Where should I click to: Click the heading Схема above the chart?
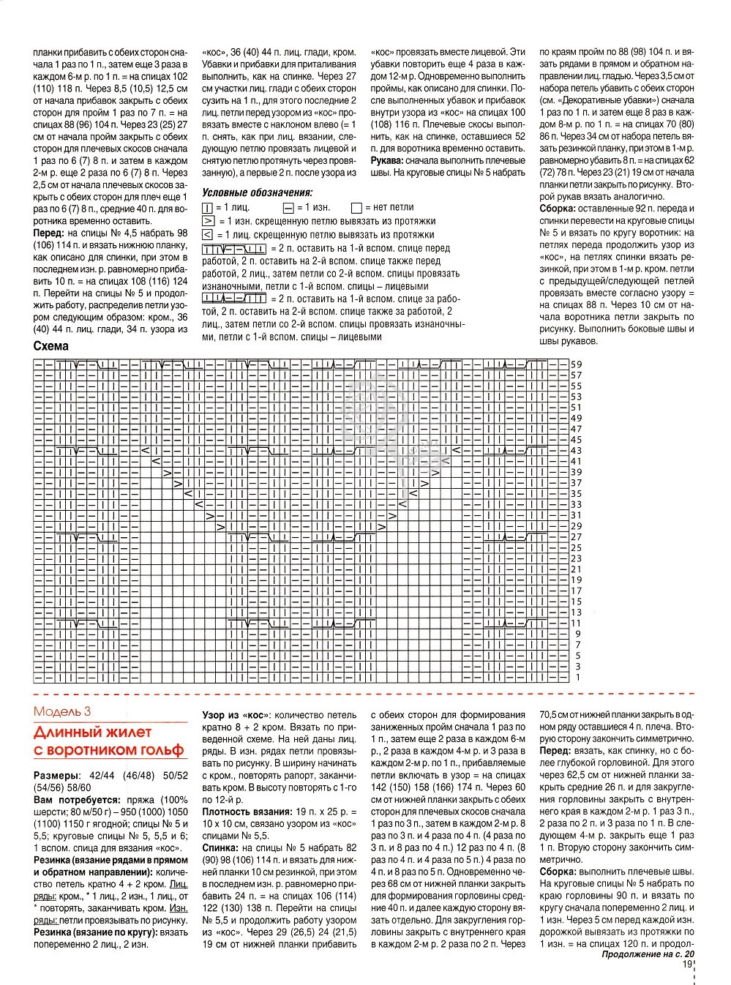(51, 346)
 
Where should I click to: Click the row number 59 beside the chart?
(577, 364)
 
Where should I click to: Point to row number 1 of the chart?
(578, 678)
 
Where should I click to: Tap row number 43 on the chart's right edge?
(577, 451)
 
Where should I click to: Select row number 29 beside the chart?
(577, 526)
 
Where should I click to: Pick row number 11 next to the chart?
(577, 623)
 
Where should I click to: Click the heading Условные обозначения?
(257, 192)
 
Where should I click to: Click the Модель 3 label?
(63, 711)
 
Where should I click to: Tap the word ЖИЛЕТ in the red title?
(124, 732)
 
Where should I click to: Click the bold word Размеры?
(56, 775)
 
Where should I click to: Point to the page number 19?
(687, 965)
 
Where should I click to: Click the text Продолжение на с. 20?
(647, 954)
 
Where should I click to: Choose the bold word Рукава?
(386, 160)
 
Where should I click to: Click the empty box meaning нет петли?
(357, 208)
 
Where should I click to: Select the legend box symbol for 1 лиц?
(207, 208)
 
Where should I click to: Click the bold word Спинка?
(222, 847)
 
